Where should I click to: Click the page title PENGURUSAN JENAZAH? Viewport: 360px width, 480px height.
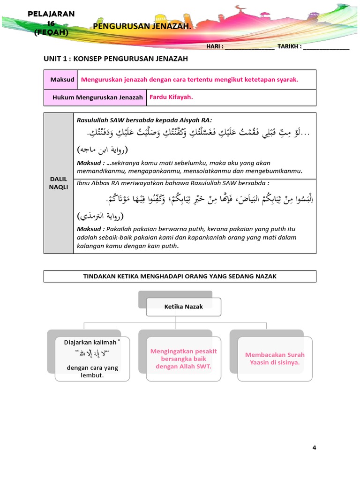142,26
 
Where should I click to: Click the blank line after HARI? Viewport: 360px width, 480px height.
249,47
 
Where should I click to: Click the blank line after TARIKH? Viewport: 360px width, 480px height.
326,47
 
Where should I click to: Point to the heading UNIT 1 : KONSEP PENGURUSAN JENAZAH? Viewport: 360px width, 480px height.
116,59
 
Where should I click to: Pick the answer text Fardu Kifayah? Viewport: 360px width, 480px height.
172,97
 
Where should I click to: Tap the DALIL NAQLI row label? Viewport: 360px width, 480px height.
59,183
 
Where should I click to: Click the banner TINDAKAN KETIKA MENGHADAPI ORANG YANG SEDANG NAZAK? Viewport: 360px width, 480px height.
180,276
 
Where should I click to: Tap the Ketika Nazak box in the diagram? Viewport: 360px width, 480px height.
183,307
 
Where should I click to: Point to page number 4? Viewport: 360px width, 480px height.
315,448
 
